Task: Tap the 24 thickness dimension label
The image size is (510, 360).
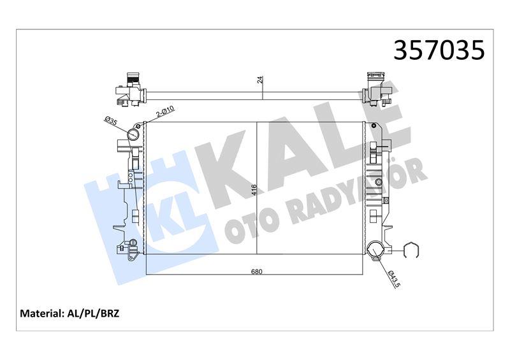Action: [x=259, y=80]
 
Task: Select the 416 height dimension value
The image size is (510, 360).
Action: [x=254, y=190]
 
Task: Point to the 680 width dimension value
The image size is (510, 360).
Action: [x=257, y=271]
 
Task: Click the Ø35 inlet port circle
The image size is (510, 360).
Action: [x=133, y=134]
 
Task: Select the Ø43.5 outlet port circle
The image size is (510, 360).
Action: [x=375, y=250]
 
